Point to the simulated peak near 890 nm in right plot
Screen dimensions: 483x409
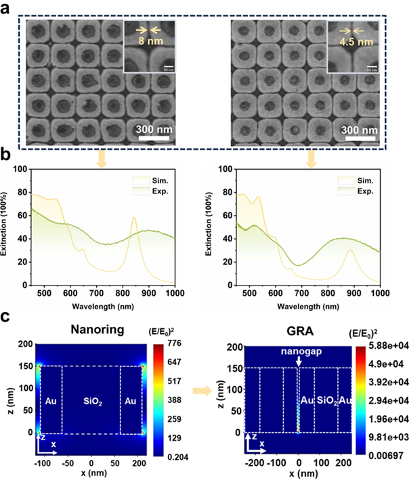(x=349, y=251)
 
